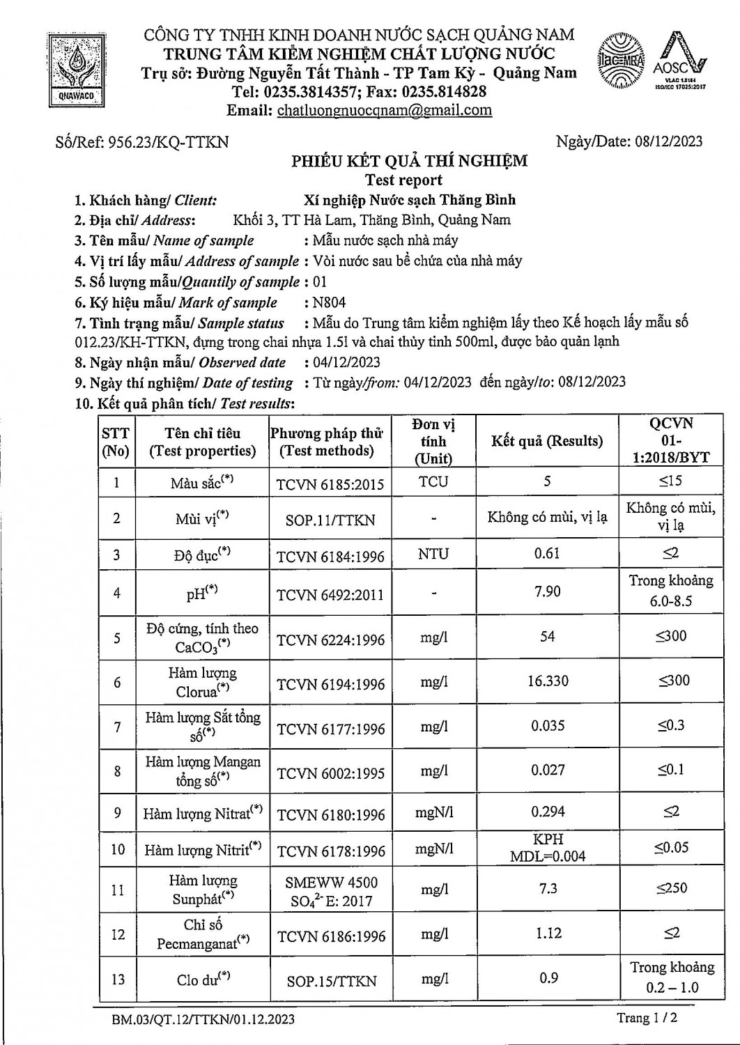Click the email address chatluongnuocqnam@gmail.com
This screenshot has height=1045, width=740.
tap(384, 110)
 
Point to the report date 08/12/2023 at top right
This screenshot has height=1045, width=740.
tap(668, 141)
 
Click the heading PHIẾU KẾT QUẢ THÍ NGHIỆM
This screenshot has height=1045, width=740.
tap(409, 162)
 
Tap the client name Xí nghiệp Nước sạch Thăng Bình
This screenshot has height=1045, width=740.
tap(410, 200)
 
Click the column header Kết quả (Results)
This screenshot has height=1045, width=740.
tap(547, 441)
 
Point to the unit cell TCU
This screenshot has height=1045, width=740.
tap(433, 481)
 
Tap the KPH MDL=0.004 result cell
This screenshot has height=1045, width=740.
tap(548, 848)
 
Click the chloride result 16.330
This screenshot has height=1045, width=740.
tap(548, 681)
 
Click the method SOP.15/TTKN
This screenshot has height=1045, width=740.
tap(331, 981)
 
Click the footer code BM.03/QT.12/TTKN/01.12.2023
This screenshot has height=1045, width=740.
tap(203, 1020)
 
